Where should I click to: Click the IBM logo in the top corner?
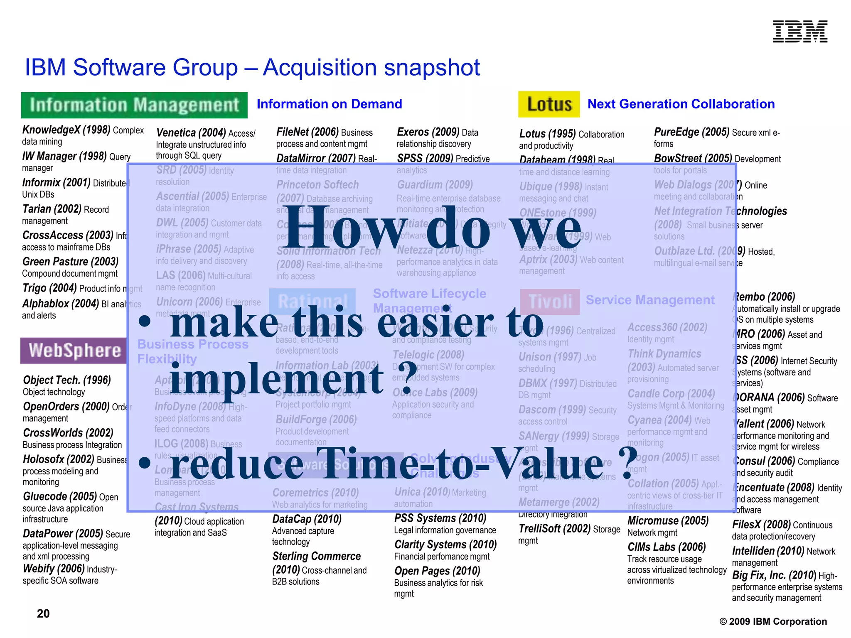click(x=800, y=32)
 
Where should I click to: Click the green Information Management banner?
click(x=134, y=105)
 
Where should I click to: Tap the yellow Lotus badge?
click(x=549, y=104)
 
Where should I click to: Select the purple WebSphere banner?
click(x=74, y=351)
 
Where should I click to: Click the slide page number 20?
click(x=43, y=613)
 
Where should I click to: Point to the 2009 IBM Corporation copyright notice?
click(x=773, y=621)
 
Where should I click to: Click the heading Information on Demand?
click(x=329, y=104)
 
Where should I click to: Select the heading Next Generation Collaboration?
click(x=681, y=104)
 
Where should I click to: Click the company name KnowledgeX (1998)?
click(x=66, y=130)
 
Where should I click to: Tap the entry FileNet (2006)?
click(x=307, y=132)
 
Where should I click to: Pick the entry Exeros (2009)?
click(x=428, y=132)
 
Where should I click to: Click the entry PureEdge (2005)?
click(x=691, y=132)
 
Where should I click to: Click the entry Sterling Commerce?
click(x=316, y=556)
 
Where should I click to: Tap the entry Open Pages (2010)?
click(x=437, y=571)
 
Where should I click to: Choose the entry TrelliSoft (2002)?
click(x=554, y=529)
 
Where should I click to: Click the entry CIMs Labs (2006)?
click(x=667, y=547)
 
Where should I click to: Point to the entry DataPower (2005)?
click(x=63, y=534)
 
